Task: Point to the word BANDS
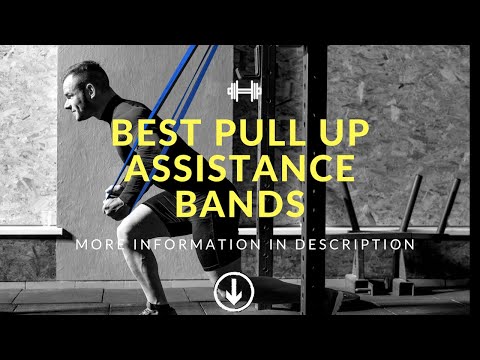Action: tap(240, 204)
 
